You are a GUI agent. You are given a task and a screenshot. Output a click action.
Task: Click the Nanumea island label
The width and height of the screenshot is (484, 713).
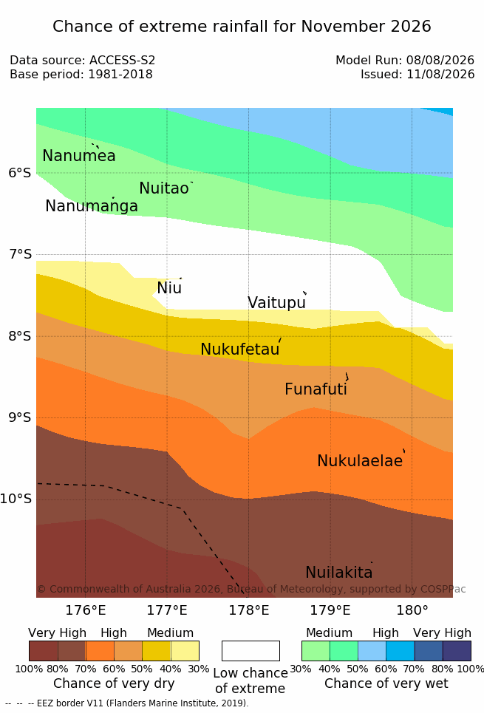(x=78, y=155)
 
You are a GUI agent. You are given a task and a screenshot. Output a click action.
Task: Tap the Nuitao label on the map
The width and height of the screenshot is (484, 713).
(x=164, y=188)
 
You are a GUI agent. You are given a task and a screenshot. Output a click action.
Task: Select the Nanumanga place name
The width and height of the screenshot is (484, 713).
(x=92, y=206)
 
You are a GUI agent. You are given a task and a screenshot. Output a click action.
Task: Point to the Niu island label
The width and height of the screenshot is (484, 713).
(x=169, y=288)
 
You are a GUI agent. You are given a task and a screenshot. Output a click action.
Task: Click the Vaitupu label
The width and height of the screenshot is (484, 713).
(x=276, y=303)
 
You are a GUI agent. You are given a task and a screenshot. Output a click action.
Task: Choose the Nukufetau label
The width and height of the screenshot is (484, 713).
(x=240, y=349)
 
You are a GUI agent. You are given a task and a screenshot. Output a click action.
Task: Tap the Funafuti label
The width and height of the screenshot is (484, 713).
(x=316, y=389)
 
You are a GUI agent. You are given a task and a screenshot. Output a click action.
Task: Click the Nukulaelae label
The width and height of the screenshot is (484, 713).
(x=360, y=460)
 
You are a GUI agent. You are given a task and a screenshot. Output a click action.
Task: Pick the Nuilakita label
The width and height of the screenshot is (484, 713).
(x=339, y=572)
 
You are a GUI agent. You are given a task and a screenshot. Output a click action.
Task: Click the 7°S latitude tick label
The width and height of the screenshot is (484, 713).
(x=21, y=254)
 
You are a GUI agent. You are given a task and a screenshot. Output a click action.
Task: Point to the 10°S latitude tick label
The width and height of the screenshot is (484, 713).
(x=16, y=499)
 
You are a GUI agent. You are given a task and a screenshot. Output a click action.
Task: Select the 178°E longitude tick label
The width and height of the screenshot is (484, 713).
(x=249, y=610)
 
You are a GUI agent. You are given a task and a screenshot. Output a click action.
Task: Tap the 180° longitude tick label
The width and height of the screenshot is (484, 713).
(x=412, y=610)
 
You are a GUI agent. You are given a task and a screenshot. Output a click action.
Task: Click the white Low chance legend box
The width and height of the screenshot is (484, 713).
(x=250, y=651)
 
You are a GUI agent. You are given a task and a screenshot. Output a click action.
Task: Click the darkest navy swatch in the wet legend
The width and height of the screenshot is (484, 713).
(x=457, y=651)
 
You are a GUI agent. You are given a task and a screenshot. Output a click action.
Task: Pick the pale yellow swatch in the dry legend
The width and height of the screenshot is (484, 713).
(x=185, y=651)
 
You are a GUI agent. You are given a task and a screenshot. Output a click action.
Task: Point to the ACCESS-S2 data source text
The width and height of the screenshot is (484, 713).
(x=123, y=60)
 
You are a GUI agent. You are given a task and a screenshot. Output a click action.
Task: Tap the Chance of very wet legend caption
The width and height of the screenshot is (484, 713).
(x=386, y=683)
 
